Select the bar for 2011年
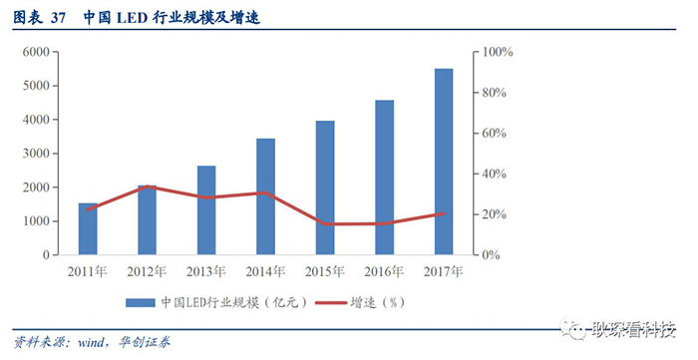point(88,229)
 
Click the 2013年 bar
point(206,210)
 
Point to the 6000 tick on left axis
point(37,52)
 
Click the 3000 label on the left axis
point(37,154)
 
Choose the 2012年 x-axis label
point(147,270)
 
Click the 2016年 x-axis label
point(384,270)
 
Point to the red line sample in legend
point(330,301)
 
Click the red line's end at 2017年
point(444,213)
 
